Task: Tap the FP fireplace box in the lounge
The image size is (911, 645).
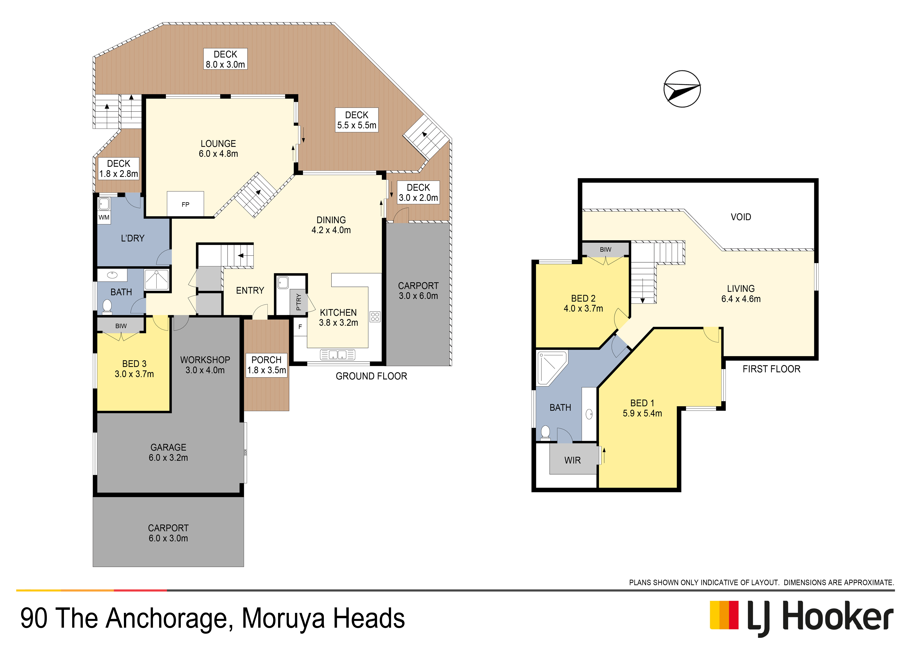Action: point(185,204)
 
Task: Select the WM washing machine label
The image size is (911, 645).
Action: point(104,217)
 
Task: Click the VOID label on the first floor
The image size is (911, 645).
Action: point(741,217)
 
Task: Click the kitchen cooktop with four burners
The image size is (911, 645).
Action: point(375,317)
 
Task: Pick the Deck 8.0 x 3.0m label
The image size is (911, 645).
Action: point(225,59)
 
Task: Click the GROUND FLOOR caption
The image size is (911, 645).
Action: point(371,376)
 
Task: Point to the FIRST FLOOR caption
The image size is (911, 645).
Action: point(771,369)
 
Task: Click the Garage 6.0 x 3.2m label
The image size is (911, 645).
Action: point(168,452)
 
